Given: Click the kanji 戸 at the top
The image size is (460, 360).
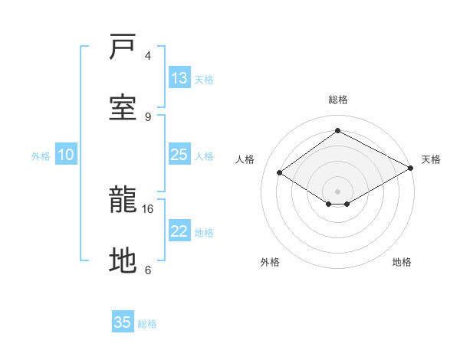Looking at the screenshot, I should click(123, 47).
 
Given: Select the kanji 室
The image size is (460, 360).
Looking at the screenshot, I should click(123, 106).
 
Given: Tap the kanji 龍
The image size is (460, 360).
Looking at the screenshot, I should click(123, 201).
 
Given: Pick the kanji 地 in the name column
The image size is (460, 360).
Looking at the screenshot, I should click(123, 261).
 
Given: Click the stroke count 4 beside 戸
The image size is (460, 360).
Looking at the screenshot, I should click(148, 56).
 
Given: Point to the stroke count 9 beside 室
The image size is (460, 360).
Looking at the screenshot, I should click(148, 116).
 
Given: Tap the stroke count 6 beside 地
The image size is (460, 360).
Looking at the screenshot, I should click(148, 270).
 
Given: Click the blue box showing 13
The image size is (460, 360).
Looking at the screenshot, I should click(179, 78).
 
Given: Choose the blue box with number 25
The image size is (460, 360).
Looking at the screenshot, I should click(179, 155).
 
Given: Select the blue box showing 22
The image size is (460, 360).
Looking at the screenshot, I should click(179, 231).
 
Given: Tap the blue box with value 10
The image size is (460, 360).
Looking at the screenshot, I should click(66, 155).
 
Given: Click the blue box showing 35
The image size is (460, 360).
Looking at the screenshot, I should click(123, 322).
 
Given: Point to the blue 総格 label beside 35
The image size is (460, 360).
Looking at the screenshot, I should click(147, 324).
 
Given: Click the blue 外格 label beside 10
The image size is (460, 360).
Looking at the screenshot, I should click(41, 156).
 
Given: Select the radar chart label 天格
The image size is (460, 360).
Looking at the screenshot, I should click(431, 159).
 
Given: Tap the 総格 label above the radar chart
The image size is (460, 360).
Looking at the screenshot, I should click(338, 100).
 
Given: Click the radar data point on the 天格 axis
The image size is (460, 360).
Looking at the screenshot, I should click(412, 169).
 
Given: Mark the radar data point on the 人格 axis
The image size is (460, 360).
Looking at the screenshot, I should click(280, 173).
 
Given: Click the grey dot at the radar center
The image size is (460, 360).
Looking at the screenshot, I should click(338, 191).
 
